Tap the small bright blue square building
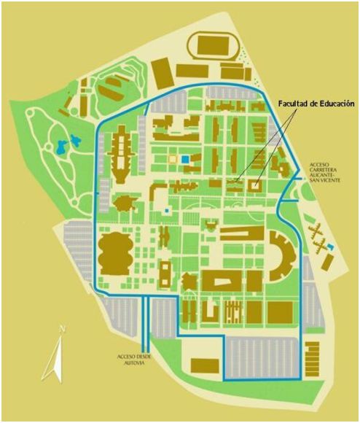click(x=187, y=158)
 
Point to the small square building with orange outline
click(x=173, y=158)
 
